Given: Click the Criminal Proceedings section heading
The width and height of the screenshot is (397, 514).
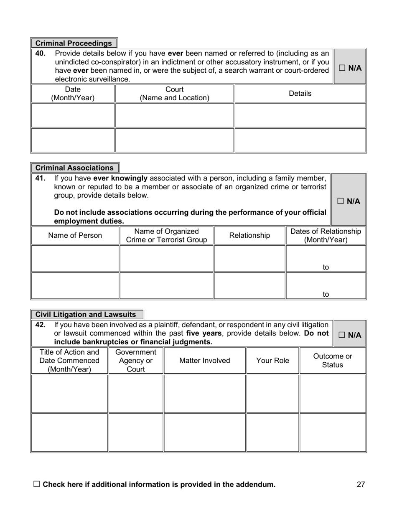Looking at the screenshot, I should click(74, 43).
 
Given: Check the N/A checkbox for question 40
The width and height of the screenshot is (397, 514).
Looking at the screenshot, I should click(341, 68).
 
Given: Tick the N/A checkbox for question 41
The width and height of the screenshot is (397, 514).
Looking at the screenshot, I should click(340, 201).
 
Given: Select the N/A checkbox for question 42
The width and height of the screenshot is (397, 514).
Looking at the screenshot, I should click(341, 335).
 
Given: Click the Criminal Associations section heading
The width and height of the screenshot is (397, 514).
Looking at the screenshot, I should click(74, 168).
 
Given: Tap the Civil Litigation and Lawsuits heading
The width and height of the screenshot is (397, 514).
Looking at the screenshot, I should click(86, 315).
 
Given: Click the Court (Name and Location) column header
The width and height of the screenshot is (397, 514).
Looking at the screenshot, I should click(174, 94).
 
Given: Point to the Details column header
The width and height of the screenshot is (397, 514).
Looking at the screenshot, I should click(300, 94).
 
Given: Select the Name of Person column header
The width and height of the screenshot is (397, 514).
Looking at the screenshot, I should click(75, 235).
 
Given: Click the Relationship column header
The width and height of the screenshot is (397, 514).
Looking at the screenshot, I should click(249, 235).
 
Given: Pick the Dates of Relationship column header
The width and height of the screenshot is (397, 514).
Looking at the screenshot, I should click(326, 235).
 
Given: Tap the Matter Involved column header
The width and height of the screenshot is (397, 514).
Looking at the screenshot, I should click(204, 360).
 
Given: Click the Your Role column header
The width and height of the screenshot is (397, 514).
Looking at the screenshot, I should click(272, 360).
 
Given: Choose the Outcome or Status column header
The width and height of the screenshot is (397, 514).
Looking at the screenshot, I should click(333, 360).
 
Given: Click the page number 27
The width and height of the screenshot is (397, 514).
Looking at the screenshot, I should click(361, 484).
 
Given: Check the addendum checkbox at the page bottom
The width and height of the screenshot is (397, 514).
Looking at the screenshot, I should click(36, 484).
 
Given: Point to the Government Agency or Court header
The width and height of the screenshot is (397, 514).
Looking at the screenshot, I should click(135, 360).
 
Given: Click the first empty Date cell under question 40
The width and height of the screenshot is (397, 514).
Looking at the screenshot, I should click(73, 115).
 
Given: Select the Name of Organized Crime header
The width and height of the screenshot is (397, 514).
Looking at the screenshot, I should click(166, 235).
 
